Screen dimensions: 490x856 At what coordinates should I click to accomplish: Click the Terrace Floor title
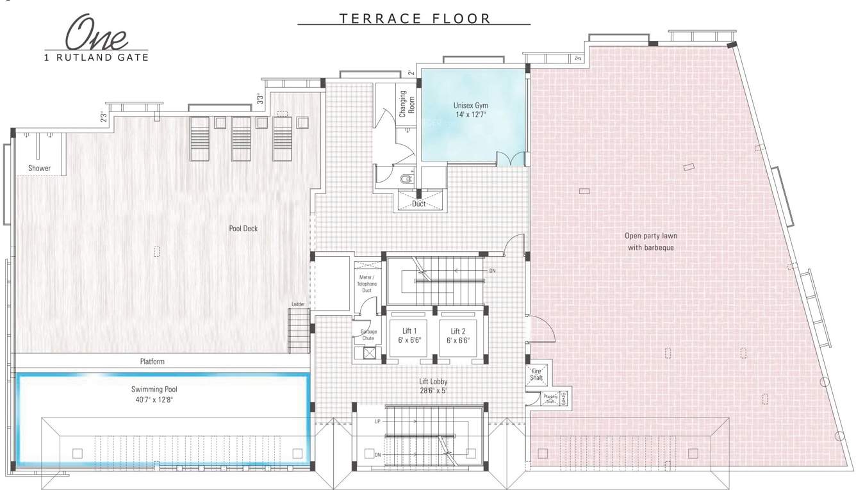(x=415, y=18)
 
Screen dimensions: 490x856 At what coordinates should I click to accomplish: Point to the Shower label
(x=39, y=168)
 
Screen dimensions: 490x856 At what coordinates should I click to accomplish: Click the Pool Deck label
(x=243, y=228)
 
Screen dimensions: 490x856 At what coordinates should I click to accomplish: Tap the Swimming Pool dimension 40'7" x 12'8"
(x=153, y=398)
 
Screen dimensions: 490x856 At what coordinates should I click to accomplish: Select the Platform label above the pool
(x=152, y=361)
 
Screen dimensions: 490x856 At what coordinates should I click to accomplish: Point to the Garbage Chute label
(x=368, y=334)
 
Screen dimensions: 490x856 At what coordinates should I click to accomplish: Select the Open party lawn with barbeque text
(x=650, y=241)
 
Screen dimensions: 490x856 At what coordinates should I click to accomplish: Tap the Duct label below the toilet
(x=419, y=204)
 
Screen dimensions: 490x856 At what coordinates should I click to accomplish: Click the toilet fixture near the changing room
(x=406, y=179)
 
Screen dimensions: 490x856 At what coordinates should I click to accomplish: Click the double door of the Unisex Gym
(x=513, y=159)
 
